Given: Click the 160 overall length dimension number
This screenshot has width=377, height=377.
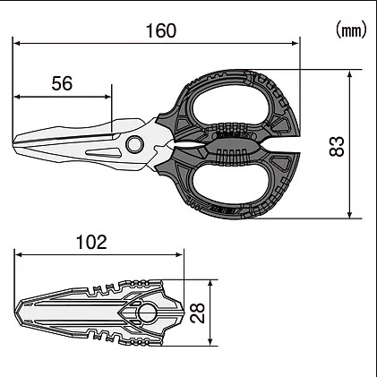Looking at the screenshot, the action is click(161, 30).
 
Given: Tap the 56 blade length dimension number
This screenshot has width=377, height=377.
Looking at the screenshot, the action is click(62, 83).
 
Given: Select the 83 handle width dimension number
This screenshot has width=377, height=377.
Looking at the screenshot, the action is click(337, 146).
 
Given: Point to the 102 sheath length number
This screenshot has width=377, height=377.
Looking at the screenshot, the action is click(91, 242).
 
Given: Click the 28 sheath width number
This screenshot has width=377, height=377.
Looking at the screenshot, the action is click(198, 313).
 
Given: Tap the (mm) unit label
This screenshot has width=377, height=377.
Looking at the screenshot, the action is click(351, 30).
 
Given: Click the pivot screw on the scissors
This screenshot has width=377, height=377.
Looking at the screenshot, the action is click(134, 144).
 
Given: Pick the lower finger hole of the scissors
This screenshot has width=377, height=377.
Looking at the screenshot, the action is click(230, 184).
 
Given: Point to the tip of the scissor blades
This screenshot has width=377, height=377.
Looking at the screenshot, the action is click(13, 144).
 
